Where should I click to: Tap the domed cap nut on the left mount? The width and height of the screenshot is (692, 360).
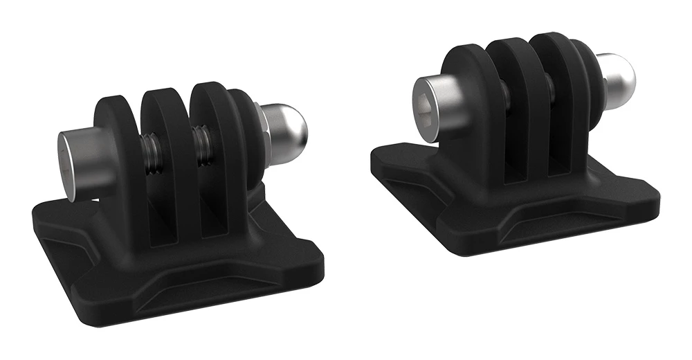coord(284,128)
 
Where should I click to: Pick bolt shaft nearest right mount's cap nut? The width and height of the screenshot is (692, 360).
coord(551,89)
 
